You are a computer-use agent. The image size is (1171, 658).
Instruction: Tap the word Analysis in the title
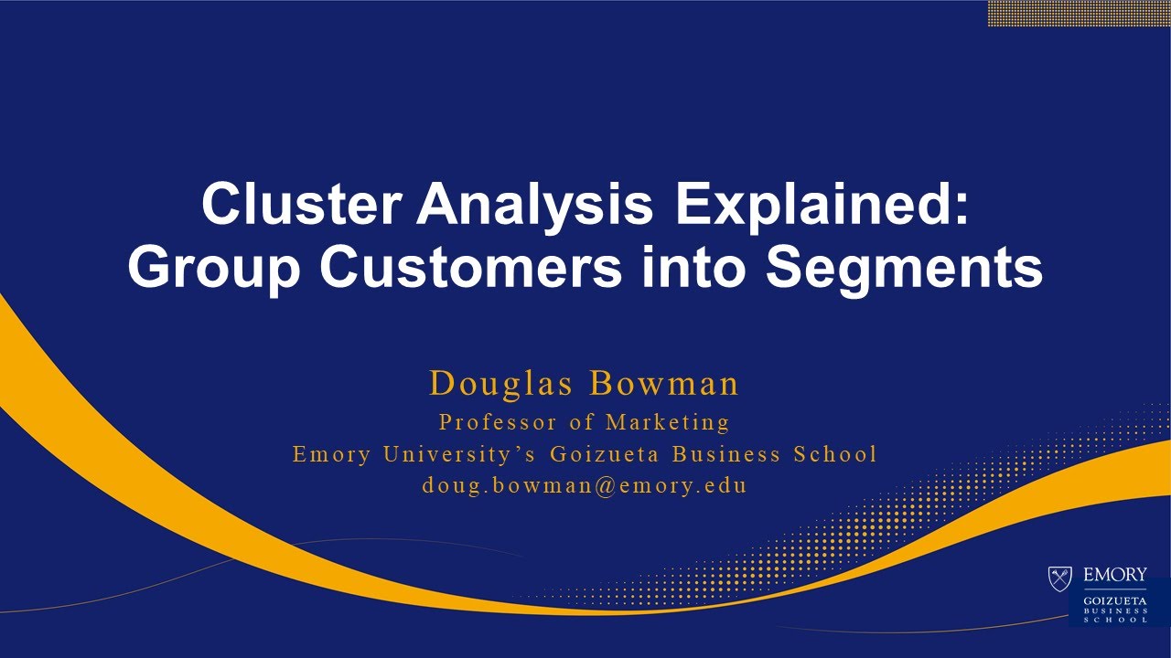(535, 205)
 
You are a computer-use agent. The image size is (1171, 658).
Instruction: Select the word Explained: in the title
(822, 205)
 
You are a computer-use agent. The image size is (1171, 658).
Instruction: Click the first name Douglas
(502, 384)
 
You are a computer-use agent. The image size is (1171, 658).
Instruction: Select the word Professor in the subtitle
(498, 422)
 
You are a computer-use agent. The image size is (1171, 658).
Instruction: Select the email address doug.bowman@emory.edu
(585, 485)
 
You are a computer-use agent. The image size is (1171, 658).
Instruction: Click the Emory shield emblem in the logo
(1060, 578)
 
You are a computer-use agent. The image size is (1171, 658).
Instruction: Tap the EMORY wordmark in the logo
(1114, 575)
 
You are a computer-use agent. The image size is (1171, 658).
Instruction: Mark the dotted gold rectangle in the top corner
(1079, 13)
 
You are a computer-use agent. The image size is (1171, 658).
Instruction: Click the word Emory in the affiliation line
(332, 454)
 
